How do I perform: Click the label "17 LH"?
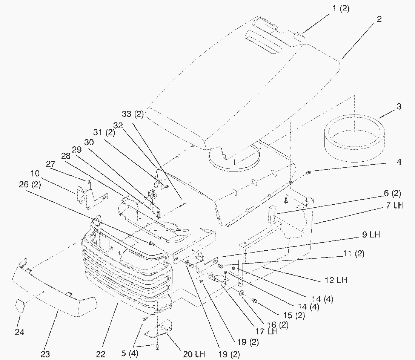(x=267, y=332)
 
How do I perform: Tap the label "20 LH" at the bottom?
(x=195, y=354)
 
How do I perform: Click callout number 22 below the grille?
(x=100, y=354)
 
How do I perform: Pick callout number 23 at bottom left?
(x=45, y=354)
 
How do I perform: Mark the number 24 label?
(x=19, y=332)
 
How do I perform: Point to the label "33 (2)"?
(x=132, y=114)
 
